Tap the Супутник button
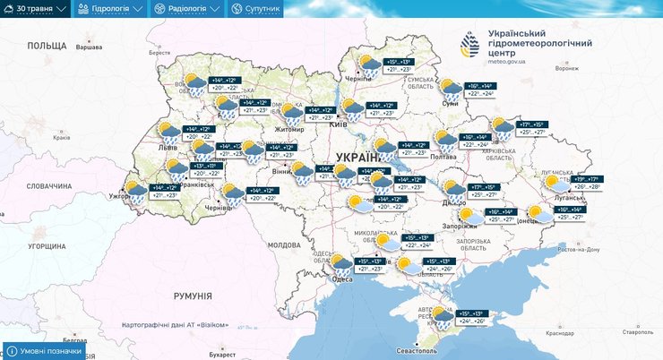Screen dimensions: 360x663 (256, 9)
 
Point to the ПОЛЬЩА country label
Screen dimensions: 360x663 (47, 45)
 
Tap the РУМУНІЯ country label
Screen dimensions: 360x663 (193, 296)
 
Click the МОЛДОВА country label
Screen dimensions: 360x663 (284, 244)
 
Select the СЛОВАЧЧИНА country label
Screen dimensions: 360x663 (48, 185)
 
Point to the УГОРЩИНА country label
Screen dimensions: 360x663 (47, 245)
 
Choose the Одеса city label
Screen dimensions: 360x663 (340, 279)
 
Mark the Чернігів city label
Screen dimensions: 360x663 (358, 79)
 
